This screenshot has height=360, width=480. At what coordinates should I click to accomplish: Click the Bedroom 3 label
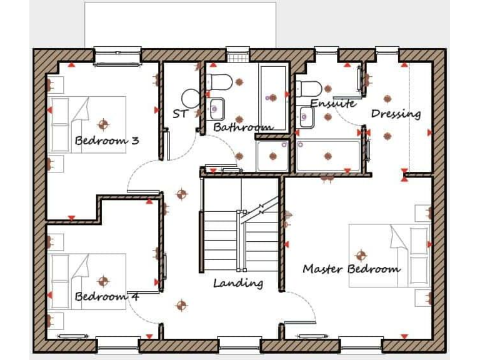click(107, 141)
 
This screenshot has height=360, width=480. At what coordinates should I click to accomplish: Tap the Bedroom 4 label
click(107, 296)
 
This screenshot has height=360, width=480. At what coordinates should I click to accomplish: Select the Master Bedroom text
click(351, 269)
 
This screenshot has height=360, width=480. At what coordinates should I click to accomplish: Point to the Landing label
click(238, 283)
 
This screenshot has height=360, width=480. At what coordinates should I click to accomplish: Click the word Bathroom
click(242, 127)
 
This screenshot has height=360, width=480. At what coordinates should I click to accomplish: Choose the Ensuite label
click(332, 103)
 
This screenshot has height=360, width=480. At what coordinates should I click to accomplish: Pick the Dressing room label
click(396, 114)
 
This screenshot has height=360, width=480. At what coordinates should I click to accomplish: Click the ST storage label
click(180, 114)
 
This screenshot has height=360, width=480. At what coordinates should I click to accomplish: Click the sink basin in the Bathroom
click(217, 109)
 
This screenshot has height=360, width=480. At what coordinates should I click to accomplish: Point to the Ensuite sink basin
click(306, 116)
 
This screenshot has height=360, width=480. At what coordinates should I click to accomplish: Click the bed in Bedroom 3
click(87, 124)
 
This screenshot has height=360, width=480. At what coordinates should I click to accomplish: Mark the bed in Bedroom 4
click(87, 281)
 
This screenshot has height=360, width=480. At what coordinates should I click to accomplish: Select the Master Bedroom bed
click(387, 255)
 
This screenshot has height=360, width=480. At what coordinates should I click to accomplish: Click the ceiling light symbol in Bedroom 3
click(104, 122)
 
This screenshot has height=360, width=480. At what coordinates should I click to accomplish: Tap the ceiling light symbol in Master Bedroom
click(360, 255)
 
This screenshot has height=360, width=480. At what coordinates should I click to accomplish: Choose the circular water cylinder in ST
click(190, 98)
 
